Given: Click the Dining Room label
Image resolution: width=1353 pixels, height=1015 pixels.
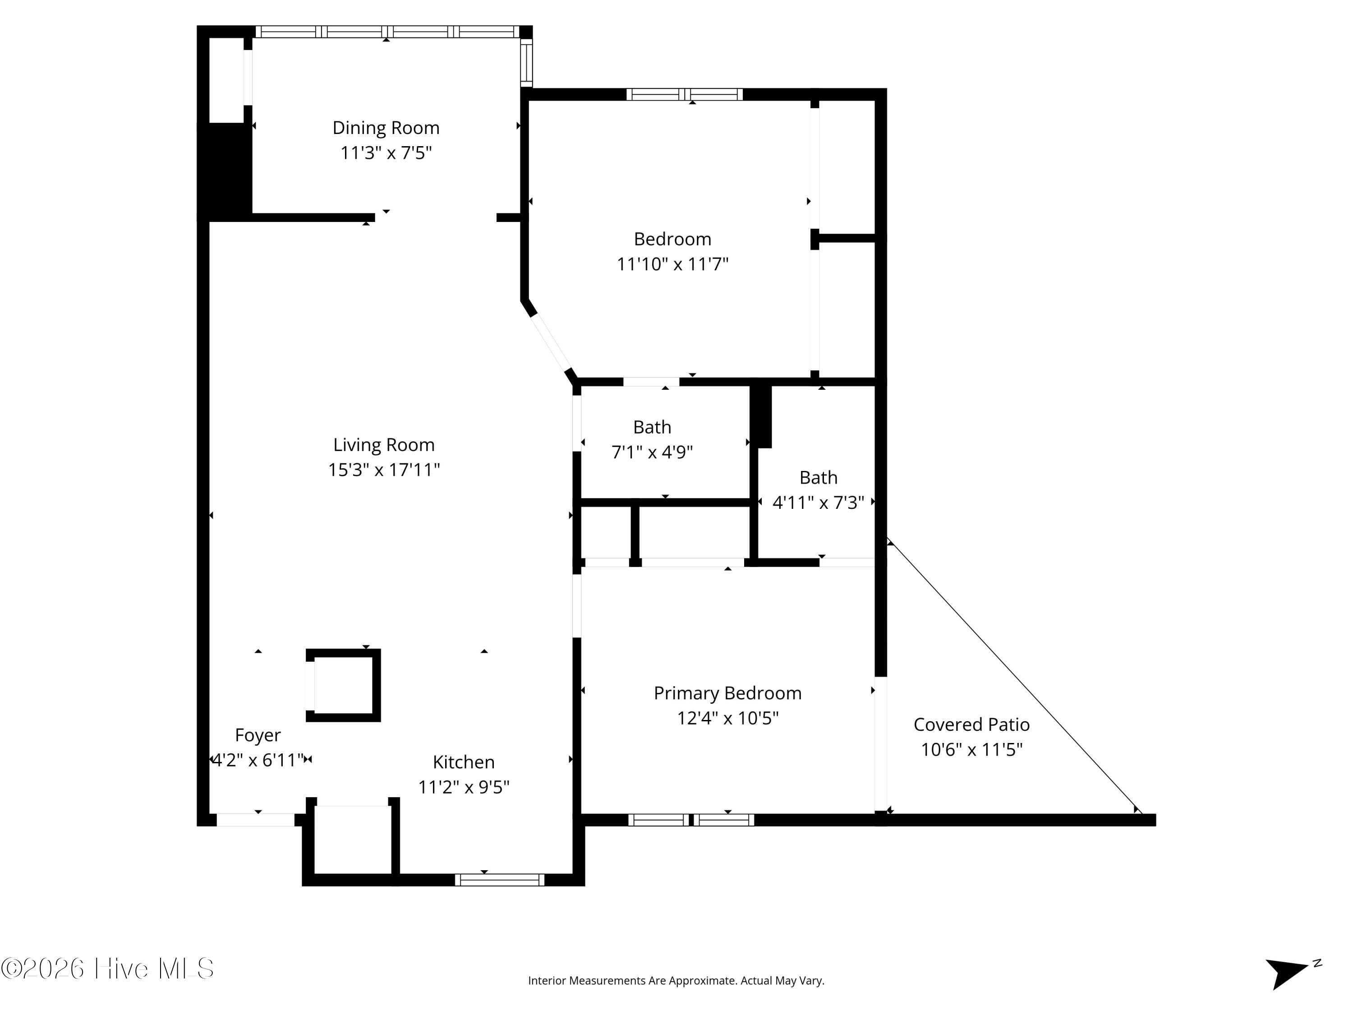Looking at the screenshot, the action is tap(386, 128).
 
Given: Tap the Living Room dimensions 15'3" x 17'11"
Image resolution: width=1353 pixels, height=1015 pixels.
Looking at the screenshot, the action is tap(384, 470).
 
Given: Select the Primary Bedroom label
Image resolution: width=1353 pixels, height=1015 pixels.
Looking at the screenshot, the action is tap(727, 693).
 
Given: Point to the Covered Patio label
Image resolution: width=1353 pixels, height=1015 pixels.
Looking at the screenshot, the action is tap(971, 724).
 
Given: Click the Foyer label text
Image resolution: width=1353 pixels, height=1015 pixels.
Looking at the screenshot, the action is tap(258, 735).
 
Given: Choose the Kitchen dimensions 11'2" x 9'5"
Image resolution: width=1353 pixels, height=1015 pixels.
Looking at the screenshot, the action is tap(464, 787).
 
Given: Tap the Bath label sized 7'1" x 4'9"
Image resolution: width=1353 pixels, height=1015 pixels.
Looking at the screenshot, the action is tap(652, 427).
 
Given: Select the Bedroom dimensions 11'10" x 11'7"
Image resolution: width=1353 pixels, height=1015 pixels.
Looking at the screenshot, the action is tap(672, 264).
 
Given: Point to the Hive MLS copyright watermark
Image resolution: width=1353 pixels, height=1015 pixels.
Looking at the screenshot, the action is tap(108, 969).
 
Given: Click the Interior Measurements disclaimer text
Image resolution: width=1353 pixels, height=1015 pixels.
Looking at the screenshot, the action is tap(676, 981).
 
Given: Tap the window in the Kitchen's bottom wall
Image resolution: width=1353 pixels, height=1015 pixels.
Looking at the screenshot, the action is tap(499, 880).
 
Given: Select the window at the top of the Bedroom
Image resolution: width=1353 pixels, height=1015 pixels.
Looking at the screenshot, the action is tap(685, 94).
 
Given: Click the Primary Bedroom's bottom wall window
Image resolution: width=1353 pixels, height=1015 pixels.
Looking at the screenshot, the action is tap(691, 820).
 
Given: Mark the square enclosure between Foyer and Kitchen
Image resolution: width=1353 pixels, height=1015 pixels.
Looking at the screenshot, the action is tap(343, 685).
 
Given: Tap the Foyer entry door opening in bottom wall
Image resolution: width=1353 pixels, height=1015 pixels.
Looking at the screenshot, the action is tap(256, 820).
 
